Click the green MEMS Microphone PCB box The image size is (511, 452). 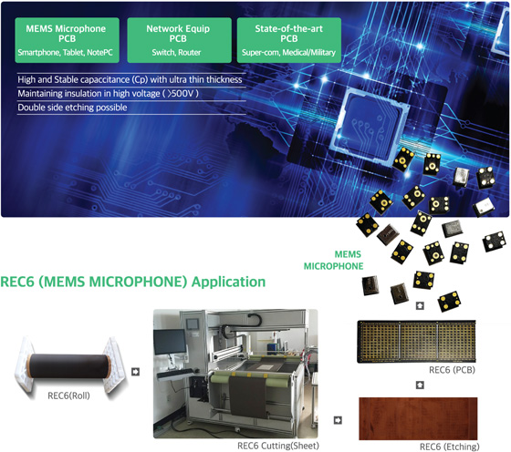pos(68,40)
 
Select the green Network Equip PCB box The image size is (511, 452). pos(179,40)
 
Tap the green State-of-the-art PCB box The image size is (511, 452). pos(289,40)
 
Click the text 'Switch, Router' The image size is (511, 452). pos(176,52)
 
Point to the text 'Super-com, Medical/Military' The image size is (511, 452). pos(288,52)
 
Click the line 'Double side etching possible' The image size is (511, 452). pos(72,108)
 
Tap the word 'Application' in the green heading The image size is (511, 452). pos(228,282)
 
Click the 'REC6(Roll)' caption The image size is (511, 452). pos(68,395)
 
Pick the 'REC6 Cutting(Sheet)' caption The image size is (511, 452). pos(278,446)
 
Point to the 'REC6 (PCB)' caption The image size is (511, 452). pos(452,370)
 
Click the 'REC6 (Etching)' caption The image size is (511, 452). pos(449,447)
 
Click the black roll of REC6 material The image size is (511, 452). pos(68,366)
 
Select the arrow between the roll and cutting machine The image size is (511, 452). pos(136,372)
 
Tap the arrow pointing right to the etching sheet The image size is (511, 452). pos(338,420)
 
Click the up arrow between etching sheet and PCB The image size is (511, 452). pos(420,385)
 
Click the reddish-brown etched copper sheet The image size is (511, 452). pos(418,418)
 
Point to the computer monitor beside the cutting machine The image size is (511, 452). pos(170,342)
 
